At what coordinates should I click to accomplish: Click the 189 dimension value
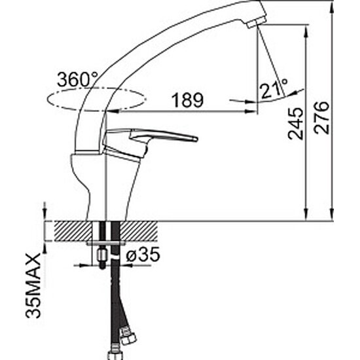(x=188, y=100)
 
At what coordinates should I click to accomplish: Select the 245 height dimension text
(x=296, y=124)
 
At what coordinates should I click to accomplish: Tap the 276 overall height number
(x=321, y=118)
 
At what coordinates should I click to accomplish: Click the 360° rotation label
(x=78, y=79)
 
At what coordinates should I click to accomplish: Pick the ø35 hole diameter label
(x=143, y=255)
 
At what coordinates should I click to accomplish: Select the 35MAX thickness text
(x=33, y=285)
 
